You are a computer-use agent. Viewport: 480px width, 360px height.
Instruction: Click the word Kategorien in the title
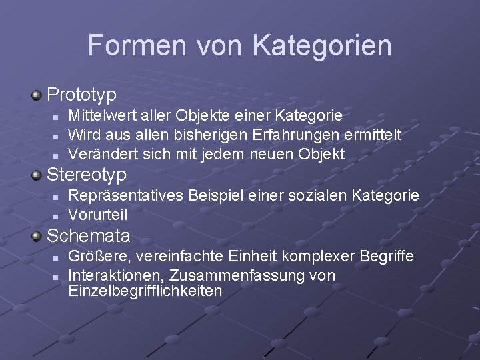click(322, 45)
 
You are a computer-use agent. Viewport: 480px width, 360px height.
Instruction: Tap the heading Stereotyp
click(87, 175)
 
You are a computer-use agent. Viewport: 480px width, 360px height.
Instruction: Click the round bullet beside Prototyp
click(37, 95)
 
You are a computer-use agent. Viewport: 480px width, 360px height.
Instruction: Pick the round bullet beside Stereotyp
click(37, 176)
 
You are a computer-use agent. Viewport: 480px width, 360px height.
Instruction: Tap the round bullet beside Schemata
click(37, 236)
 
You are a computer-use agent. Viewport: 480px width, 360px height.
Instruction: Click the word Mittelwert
click(103, 116)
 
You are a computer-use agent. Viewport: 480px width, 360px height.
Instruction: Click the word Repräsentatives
click(127, 196)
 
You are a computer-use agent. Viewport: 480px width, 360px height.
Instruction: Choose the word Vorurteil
click(98, 215)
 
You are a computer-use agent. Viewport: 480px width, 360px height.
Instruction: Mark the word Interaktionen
click(117, 275)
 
